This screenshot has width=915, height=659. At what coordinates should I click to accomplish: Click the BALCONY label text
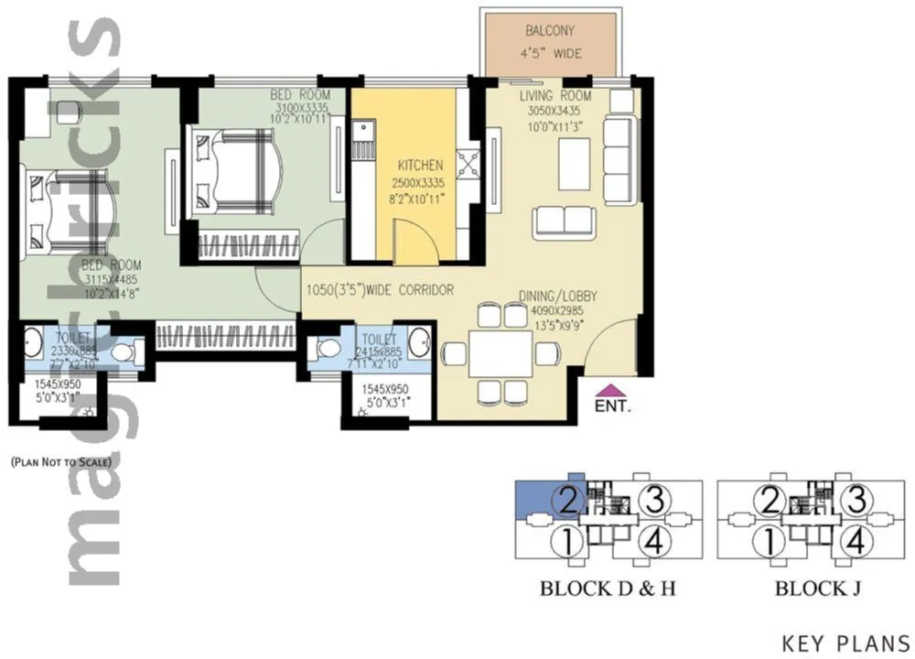[x=550, y=30]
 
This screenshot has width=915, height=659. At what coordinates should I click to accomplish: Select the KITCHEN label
[x=420, y=166]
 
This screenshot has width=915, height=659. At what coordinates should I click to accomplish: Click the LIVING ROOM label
[x=555, y=96]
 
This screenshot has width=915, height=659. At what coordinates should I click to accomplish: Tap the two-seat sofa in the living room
[x=565, y=221]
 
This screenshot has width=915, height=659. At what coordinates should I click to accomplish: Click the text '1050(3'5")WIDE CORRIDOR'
[x=380, y=290]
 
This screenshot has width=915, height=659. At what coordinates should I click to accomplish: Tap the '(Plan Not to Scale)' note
[x=60, y=462]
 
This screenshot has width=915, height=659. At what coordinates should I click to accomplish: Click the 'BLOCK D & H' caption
[x=608, y=589]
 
